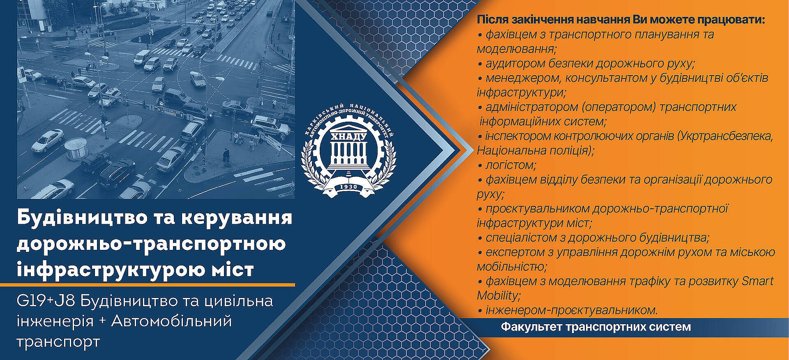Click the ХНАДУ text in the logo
[x=348, y=136]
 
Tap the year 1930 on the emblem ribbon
[x=348, y=187]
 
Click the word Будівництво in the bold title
[x=82, y=217]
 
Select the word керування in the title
[x=237, y=218]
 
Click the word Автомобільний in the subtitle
[x=171, y=321]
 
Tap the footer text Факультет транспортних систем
[x=596, y=327]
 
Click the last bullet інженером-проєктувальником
[x=572, y=310]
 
